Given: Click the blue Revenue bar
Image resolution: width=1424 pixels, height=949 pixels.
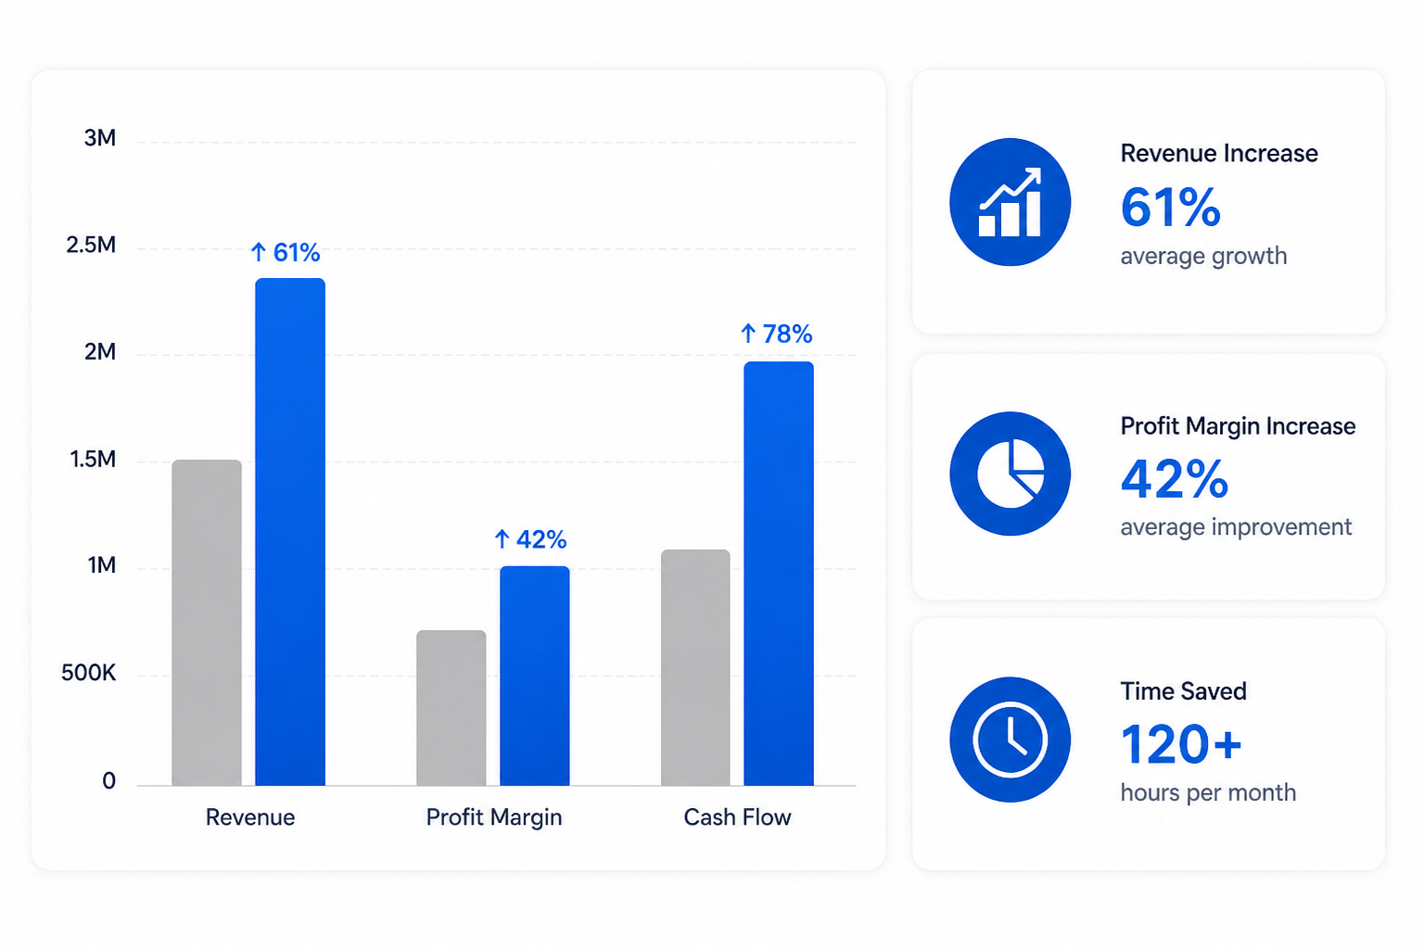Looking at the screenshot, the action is point(290,532).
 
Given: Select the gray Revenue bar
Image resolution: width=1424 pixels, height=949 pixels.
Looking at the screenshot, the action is point(207,623).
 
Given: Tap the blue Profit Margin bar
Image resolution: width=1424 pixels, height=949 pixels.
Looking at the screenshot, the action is point(535,676).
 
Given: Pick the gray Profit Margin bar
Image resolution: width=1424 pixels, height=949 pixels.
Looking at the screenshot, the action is point(451,708).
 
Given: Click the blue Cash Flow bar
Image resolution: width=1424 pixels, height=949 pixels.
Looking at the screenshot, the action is point(779,574).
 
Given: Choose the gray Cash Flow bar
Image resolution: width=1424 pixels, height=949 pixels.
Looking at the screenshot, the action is point(695,667).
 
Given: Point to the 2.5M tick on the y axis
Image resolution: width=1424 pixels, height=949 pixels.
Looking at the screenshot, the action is point(91,245).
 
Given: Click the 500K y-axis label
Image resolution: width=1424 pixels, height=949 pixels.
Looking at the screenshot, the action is point(88,673).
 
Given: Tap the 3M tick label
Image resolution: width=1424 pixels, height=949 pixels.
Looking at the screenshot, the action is point(100,138).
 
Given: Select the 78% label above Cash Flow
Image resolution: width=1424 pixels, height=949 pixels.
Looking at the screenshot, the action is point(776,334).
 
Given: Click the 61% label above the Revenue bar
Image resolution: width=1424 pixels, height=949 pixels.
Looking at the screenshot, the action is point(286,252).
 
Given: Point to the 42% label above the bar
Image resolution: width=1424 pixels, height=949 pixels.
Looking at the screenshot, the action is point(530,539).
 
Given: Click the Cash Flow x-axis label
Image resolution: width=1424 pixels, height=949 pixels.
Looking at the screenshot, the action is point(737,816).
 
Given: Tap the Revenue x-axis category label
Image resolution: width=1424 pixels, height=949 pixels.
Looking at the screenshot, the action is point(249,816).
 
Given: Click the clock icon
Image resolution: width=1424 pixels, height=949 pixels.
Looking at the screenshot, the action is point(1011,740).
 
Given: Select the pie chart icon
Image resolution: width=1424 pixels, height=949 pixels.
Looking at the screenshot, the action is point(1011,474).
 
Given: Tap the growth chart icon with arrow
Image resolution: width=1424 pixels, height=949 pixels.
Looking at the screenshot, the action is point(1011,202).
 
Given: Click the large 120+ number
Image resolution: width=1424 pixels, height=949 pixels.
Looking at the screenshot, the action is point(1180,744).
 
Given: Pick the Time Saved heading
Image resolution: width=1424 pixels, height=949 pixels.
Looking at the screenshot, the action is point(1184,691).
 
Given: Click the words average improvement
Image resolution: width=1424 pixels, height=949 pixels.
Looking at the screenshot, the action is point(1236,527).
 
